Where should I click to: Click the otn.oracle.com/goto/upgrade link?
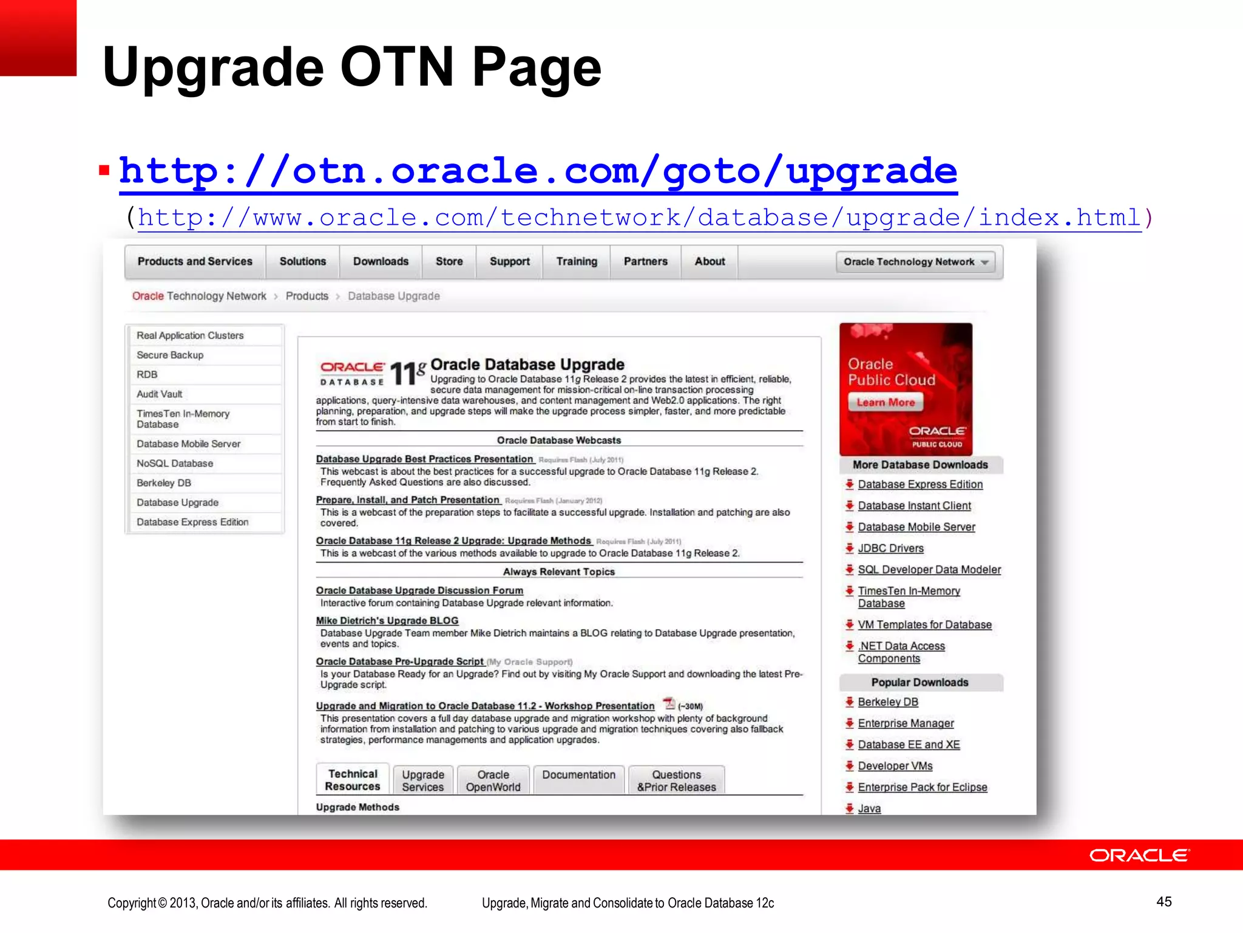[x=538, y=171]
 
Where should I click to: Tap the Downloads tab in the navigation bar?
[x=381, y=262]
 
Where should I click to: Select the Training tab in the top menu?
[x=577, y=262]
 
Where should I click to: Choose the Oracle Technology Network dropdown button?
[x=915, y=262]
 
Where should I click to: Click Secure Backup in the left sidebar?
[x=170, y=355]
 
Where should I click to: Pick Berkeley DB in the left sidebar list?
[x=164, y=483]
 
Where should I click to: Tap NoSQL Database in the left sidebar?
[x=175, y=463]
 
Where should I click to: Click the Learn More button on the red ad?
[x=886, y=403]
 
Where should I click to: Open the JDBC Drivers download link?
[x=890, y=549]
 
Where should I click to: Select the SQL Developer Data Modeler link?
[x=929, y=570]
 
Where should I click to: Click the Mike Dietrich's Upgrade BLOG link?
[x=387, y=621]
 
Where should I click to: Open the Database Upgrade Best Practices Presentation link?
[x=424, y=459]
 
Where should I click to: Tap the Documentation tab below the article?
[x=578, y=776]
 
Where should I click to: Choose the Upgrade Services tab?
[x=423, y=781]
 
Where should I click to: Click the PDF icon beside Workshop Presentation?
[x=669, y=704]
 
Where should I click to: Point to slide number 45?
[x=1163, y=902]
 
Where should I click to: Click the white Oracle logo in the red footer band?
[x=1139, y=855]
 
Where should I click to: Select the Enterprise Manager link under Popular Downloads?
[x=906, y=723]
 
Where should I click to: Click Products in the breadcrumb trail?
[x=307, y=296]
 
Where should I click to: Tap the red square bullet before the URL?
[x=104, y=171]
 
